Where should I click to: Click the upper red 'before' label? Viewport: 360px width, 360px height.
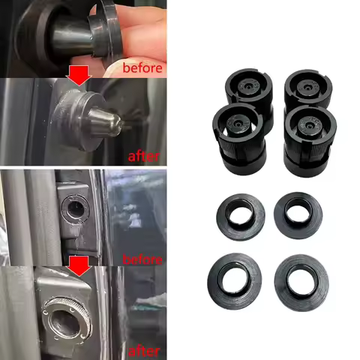click(142, 68)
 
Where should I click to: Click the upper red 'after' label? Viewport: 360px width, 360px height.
click(144, 156)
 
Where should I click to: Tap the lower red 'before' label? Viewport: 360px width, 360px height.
click(142, 259)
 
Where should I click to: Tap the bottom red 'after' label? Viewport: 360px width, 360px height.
click(144, 351)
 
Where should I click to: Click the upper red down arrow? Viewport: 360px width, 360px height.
click(79, 76)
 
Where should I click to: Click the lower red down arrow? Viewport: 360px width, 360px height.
click(79, 266)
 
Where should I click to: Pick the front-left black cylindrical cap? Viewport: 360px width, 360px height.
click(239, 139)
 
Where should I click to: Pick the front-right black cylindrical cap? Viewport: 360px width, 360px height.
click(310, 141)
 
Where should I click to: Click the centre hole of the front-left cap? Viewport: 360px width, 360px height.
click(237, 124)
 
